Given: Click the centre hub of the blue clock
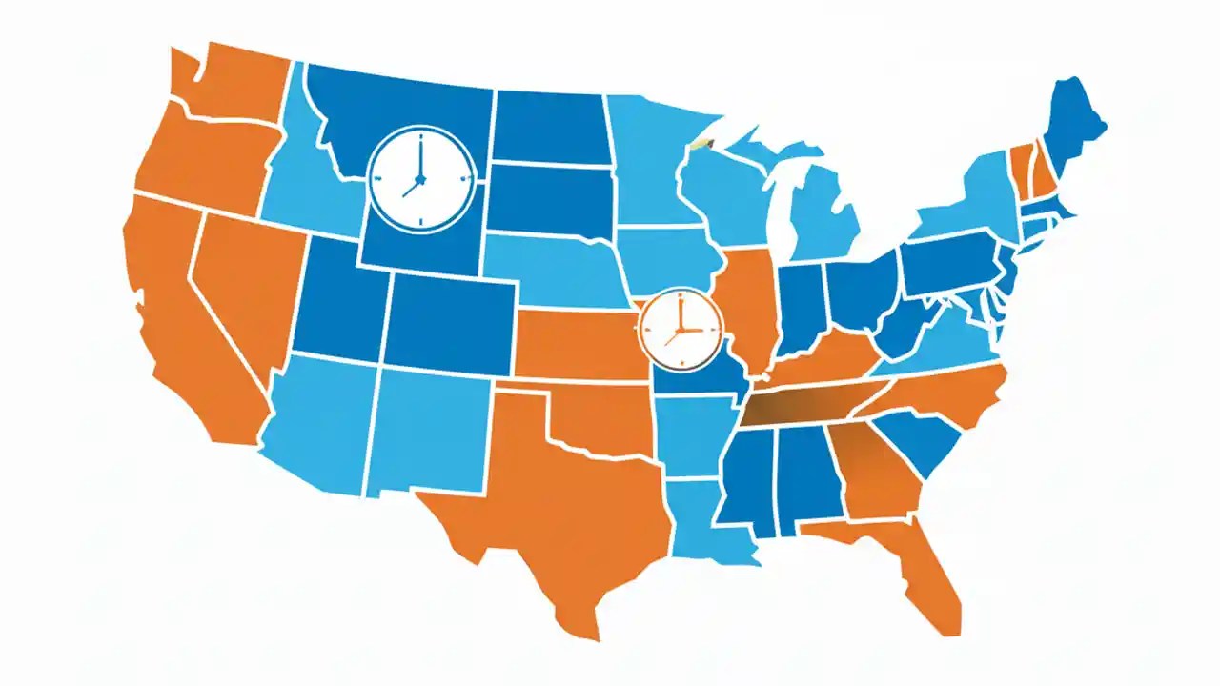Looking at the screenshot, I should (419, 178).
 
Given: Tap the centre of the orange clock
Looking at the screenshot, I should (681, 331).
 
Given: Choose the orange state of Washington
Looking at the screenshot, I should (229, 81).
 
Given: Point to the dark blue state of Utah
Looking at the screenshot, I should (338, 300).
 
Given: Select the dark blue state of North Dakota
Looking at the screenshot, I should (548, 129).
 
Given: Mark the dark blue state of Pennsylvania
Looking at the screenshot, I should (948, 267).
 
